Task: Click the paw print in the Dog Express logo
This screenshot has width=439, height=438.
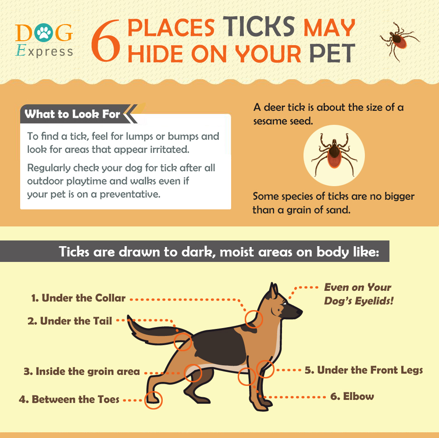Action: pyautogui.click(x=44, y=32)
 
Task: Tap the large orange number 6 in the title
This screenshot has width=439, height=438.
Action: pyautogui.click(x=106, y=41)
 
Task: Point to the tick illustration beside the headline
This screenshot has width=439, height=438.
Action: pyautogui.click(x=399, y=41)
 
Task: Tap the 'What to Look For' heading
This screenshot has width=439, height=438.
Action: pyautogui.click(x=72, y=114)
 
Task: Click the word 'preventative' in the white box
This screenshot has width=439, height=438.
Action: pyautogui.click(x=130, y=194)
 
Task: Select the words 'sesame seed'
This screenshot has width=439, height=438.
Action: pyautogui.click(x=283, y=121)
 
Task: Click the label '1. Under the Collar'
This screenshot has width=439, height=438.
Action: pyautogui.click(x=79, y=298)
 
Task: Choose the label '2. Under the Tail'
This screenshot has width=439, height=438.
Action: pyautogui.click(x=70, y=321)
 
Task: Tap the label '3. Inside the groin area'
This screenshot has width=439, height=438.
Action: pyautogui.click(x=82, y=371)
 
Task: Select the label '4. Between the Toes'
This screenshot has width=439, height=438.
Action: pyautogui.click(x=69, y=399)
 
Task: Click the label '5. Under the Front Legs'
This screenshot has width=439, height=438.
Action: pyautogui.click(x=364, y=370)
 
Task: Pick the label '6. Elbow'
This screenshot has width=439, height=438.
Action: pyautogui.click(x=352, y=396)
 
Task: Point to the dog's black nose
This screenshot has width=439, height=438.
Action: pyautogui.click(x=300, y=311)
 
